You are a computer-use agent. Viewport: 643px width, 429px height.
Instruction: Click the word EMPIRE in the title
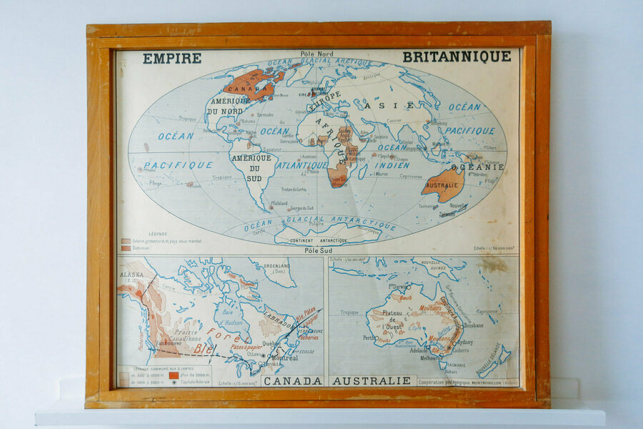171,59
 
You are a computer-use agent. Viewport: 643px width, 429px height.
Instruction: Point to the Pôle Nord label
316,54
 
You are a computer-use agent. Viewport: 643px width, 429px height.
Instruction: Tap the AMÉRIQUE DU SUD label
251,167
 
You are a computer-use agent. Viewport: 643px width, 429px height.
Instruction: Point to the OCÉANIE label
477,167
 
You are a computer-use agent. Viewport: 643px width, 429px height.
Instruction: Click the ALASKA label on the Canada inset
131,275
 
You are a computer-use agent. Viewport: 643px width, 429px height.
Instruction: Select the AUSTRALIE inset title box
372,380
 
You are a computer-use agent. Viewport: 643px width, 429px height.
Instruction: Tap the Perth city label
369,337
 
